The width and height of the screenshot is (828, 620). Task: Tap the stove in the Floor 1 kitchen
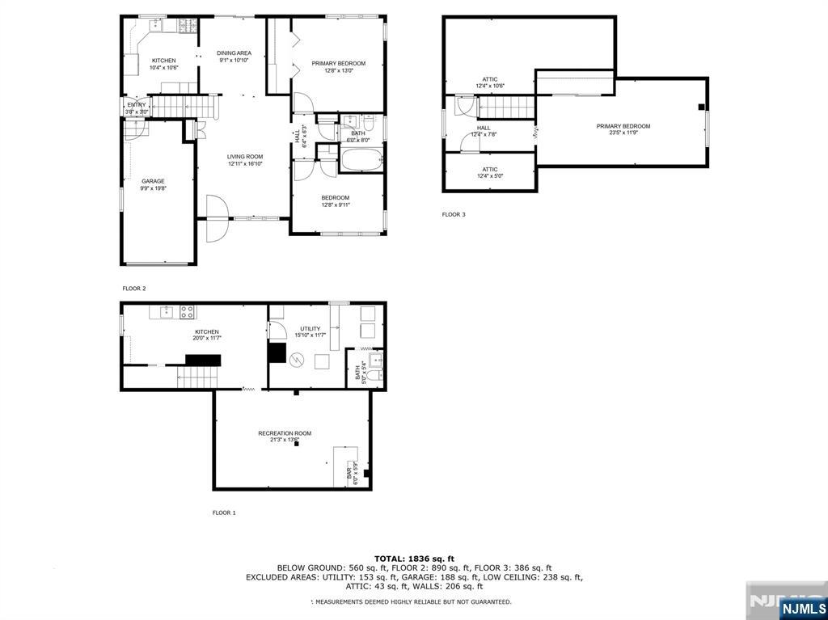click(x=188, y=312)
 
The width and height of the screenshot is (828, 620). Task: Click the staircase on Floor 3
click(x=507, y=107)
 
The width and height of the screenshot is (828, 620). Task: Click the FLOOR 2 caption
click(x=134, y=288)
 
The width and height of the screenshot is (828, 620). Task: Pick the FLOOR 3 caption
click(x=454, y=214)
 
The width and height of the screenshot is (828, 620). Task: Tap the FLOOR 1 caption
click(x=224, y=512)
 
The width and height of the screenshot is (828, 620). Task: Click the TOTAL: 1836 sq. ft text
click(x=414, y=559)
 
